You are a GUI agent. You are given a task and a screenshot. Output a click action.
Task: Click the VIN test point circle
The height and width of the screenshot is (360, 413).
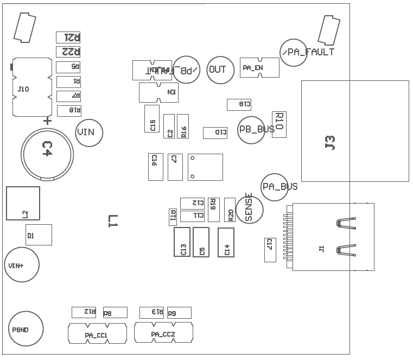(x=89, y=132)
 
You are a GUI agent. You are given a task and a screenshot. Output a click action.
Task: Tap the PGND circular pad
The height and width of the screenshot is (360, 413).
(x=26, y=329)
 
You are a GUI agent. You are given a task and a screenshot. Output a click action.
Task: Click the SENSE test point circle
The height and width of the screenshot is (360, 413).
(x=249, y=209)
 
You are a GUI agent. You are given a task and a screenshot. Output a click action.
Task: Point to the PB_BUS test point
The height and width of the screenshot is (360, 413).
(x=253, y=130)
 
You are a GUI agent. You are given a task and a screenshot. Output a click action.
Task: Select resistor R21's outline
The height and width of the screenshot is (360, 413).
(x=68, y=37)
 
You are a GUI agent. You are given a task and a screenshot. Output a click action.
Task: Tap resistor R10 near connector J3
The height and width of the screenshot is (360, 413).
(x=279, y=124)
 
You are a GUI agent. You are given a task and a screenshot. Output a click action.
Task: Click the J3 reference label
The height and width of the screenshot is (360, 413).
(x=330, y=142)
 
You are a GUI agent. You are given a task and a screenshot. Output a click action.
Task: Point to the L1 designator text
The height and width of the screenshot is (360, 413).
(x=112, y=220)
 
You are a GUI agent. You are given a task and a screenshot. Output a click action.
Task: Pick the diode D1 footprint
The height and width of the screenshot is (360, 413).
(x=39, y=235)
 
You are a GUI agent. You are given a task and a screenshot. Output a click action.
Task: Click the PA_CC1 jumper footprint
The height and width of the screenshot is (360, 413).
(x=97, y=333)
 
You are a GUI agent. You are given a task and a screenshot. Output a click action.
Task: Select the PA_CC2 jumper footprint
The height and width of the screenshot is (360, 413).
(x=163, y=332)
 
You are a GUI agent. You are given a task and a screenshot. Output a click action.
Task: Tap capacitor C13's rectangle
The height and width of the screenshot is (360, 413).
(x=182, y=242)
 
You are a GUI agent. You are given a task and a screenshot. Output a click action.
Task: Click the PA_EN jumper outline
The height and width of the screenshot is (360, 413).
(x=259, y=68)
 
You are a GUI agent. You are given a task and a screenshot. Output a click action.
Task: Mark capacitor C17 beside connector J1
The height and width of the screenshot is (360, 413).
(x=270, y=250)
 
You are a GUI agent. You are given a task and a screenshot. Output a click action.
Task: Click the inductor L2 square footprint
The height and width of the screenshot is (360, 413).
(x=23, y=204)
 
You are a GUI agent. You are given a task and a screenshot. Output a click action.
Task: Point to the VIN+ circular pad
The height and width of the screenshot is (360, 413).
(x=22, y=265)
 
